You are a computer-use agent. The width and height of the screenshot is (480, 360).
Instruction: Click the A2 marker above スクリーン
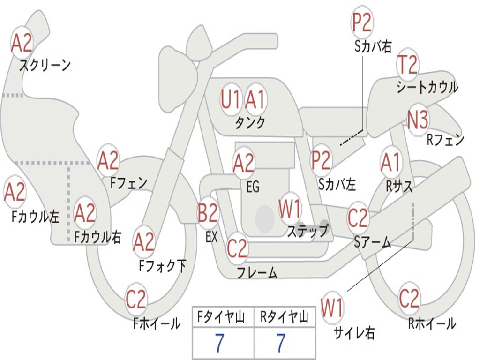point(22,43)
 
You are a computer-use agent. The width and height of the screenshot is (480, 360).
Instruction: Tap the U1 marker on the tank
point(231,99)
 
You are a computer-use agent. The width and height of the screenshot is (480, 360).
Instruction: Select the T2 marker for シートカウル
point(407,65)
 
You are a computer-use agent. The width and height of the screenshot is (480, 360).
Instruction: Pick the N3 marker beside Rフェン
point(418,121)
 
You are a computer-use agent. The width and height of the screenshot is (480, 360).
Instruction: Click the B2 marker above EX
point(208,213)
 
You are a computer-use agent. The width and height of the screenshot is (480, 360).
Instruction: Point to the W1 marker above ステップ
point(290,209)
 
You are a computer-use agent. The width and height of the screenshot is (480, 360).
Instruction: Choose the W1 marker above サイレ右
point(332,308)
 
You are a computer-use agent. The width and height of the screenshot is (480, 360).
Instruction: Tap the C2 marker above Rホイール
point(409,299)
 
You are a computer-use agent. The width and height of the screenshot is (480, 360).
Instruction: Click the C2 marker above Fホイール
point(136,300)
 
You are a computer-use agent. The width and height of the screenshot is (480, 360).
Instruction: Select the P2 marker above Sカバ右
point(361,22)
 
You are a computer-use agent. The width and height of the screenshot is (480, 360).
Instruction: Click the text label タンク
point(250,123)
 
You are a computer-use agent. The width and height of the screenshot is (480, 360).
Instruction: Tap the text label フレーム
point(257,272)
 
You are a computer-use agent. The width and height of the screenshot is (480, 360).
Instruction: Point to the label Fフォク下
point(163,266)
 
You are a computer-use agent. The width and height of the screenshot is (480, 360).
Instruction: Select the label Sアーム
point(372,242)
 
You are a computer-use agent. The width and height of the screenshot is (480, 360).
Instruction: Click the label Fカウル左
point(36,216)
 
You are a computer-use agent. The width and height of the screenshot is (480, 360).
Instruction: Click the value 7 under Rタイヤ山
point(281,343)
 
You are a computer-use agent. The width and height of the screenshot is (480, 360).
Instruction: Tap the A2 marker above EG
point(244,163)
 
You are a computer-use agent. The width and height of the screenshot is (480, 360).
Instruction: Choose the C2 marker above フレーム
point(237,248)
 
